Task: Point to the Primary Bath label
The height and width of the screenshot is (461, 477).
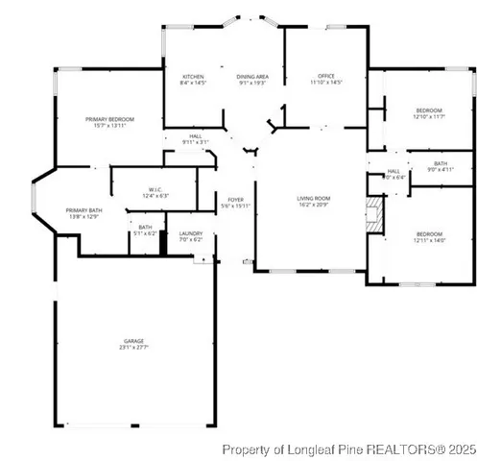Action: click(x=83, y=213)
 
